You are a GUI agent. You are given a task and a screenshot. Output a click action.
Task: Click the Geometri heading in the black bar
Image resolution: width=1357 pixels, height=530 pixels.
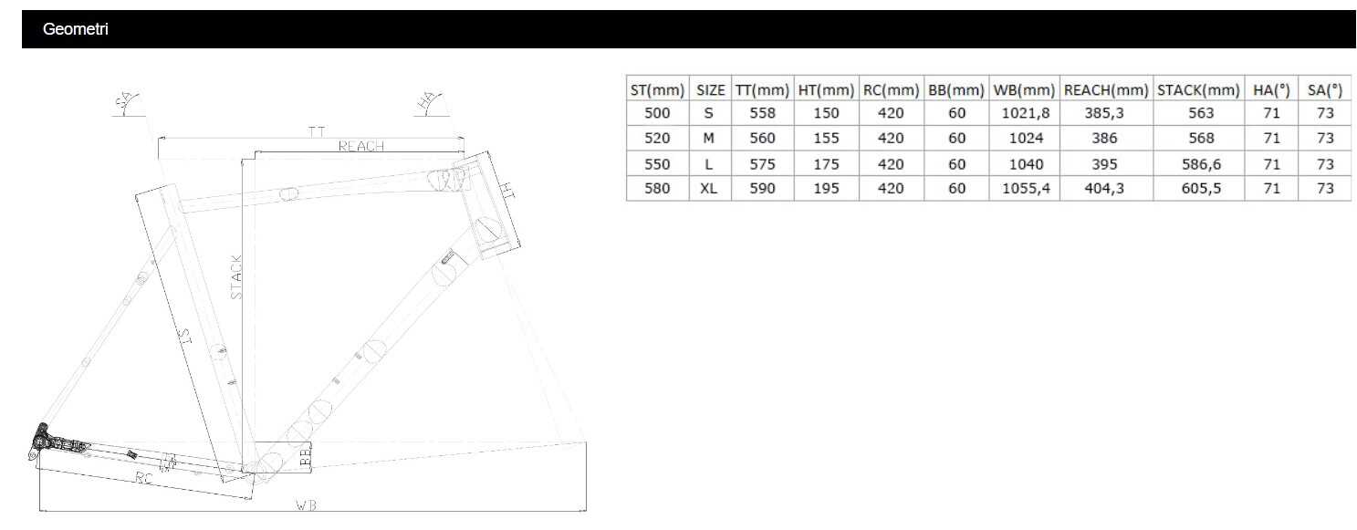75,29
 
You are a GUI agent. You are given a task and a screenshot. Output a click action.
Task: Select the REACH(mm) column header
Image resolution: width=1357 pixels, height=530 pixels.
1106,90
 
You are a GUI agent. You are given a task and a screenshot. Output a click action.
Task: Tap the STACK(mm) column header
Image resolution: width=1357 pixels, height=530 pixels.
1198,90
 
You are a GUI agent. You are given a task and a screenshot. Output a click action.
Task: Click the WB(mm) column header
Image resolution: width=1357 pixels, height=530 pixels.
1025,90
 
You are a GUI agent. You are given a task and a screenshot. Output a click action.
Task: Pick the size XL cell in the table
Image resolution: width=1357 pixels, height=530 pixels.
709,189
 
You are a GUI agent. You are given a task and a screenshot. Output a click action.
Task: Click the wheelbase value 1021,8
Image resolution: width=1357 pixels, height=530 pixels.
1026,113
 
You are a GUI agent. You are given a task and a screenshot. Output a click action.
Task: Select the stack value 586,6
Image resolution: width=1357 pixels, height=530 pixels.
1201,164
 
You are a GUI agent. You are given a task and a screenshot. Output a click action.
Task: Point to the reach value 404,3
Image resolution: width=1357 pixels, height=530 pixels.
1104,189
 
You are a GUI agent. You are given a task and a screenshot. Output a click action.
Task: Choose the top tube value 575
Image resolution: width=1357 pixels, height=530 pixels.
762,164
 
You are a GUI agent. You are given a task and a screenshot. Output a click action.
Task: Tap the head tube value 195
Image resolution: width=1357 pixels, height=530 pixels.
826,189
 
